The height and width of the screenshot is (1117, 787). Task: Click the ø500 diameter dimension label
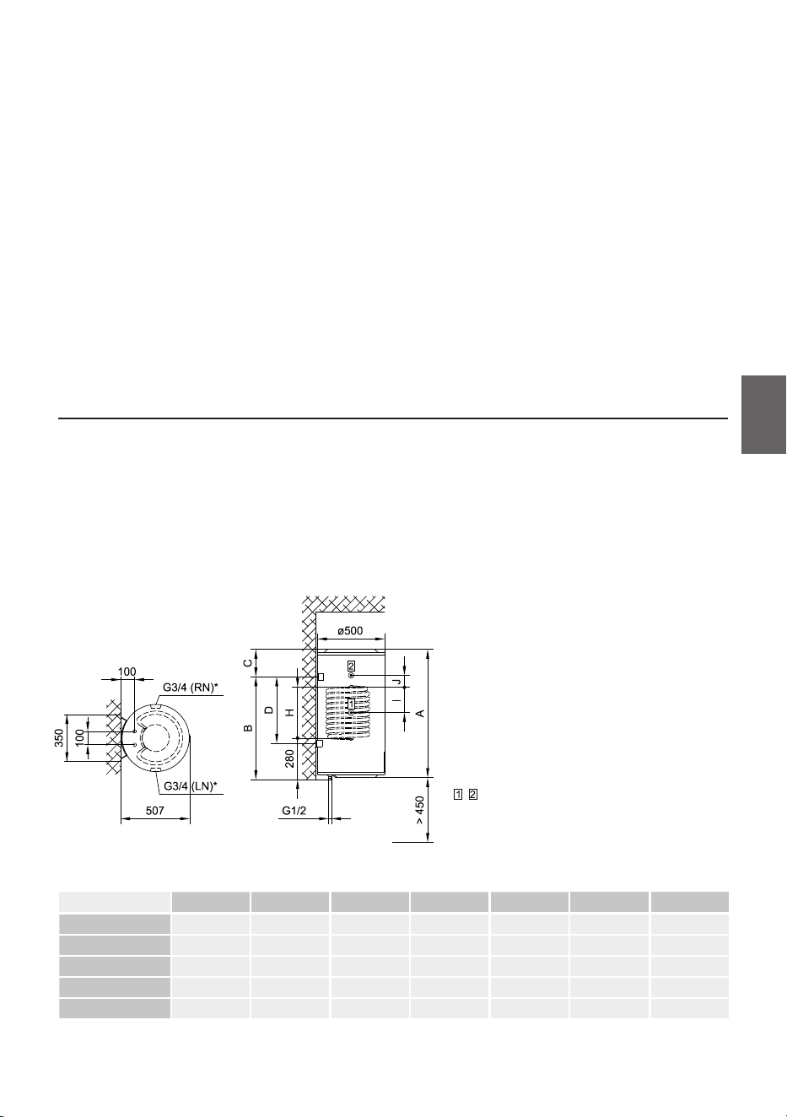click(x=349, y=631)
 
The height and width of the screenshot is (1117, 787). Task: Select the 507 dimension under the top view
click(x=154, y=811)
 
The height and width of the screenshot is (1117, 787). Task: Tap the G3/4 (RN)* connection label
click(x=190, y=688)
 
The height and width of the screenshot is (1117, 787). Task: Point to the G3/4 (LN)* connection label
click(x=191, y=786)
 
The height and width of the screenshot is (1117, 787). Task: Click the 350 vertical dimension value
click(x=59, y=738)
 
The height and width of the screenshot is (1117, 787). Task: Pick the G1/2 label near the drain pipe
click(x=294, y=811)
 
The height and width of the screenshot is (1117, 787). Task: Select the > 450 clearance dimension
click(x=419, y=810)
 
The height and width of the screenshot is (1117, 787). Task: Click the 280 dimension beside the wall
click(x=289, y=759)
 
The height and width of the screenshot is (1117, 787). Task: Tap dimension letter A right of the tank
click(x=420, y=713)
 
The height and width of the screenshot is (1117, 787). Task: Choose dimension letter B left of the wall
click(x=248, y=728)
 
